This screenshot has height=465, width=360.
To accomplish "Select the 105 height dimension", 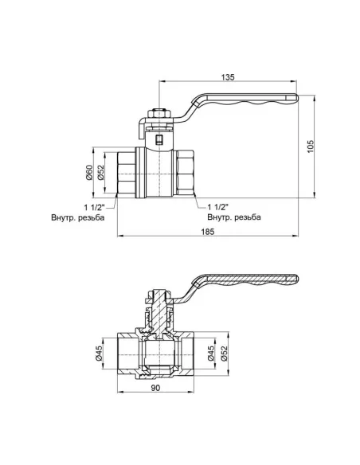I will point(311,145).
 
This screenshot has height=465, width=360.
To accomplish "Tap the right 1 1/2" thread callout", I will point(219,205).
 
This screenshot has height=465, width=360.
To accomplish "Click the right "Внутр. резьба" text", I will point(233,217).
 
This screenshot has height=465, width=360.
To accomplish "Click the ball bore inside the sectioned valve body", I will point(158,353).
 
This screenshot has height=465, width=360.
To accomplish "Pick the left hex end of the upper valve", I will point(128,172).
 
